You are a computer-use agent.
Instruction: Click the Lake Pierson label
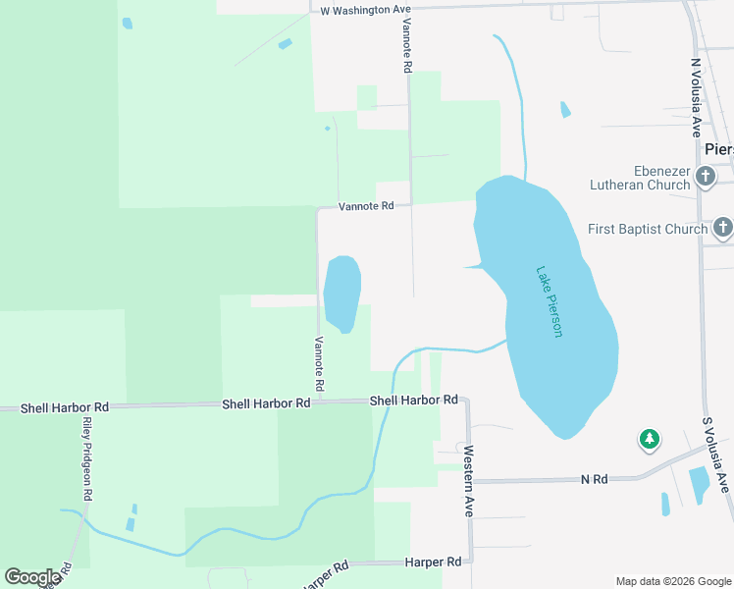550,302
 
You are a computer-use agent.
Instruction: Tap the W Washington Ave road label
365,10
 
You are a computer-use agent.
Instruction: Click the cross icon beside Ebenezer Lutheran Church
706,177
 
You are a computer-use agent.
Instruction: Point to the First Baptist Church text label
648,229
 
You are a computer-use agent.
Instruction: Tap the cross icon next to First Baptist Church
723,229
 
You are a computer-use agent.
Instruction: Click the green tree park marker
649,440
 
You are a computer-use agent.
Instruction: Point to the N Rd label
595,479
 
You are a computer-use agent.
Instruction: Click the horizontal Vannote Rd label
366,206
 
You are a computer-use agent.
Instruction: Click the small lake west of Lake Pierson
341,293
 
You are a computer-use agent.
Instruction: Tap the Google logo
32,577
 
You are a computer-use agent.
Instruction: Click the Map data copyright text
673,581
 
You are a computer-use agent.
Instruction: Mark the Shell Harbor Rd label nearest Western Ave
413,401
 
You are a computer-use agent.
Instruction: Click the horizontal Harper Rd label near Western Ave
433,562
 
